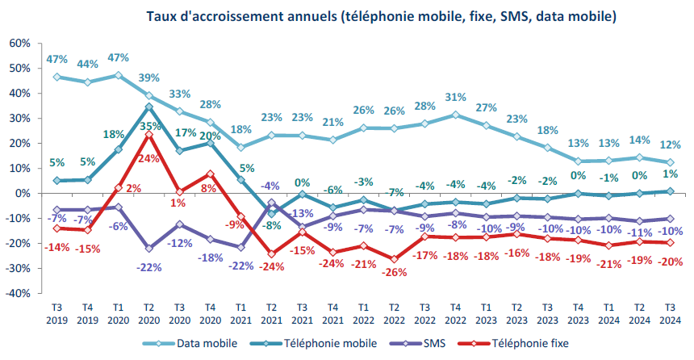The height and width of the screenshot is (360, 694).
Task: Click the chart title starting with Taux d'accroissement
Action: click(382, 15)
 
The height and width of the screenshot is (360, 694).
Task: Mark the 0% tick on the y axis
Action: click(21, 194)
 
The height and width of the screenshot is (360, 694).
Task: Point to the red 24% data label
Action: click(149, 159)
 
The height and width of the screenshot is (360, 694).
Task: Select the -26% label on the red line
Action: click(395, 272)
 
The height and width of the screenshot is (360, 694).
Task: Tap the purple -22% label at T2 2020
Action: click(149, 267)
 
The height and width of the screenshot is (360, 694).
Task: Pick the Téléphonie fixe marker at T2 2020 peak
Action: click(149, 135)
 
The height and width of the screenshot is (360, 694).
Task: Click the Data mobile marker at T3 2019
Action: click(56, 77)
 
